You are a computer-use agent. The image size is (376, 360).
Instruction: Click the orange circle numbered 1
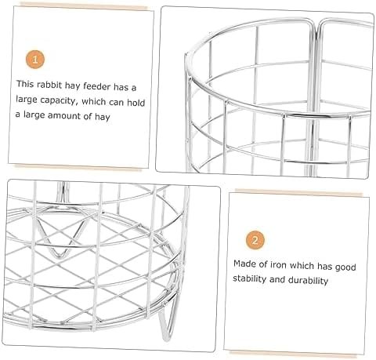click(35, 60)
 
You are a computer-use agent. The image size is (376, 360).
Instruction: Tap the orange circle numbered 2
click(255, 240)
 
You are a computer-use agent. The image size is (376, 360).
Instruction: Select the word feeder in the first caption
click(97, 86)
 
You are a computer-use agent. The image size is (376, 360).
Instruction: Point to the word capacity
click(59, 100)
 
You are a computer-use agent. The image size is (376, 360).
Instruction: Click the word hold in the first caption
click(136, 103)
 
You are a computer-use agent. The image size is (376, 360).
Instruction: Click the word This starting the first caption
click(25, 84)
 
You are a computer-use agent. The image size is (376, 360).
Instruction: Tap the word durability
click(308, 281)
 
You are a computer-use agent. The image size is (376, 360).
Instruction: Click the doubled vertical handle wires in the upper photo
click(315, 100)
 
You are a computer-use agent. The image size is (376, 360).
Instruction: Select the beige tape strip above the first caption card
click(83, 6)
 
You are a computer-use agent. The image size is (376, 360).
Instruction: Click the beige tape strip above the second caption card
click(298, 193)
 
